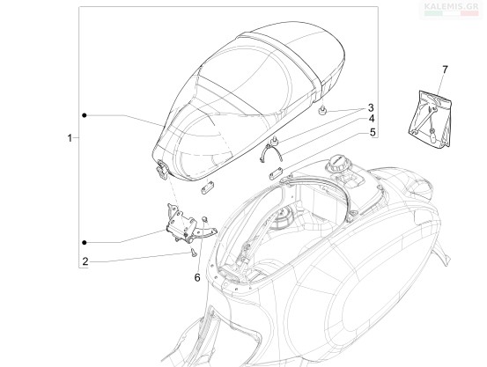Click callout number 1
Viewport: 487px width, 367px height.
coord(70,137)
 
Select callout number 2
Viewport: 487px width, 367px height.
coord(85,261)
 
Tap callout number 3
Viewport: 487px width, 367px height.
coord(371,108)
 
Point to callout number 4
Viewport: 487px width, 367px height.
coord(372,119)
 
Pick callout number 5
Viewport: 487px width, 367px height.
coord(373,132)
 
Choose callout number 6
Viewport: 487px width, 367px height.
coord(197,277)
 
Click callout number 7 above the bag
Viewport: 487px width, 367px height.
coord(445,70)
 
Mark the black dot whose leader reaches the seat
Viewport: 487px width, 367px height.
coord(85,115)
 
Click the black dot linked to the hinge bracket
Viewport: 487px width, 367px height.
coord(85,242)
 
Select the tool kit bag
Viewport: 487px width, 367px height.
coord(430,119)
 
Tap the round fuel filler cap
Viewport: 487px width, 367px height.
coord(337,164)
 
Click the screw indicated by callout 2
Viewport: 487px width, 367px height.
coord(193,253)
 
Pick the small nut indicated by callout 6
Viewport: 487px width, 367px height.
coord(204,219)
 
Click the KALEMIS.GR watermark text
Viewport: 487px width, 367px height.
coord(451,6)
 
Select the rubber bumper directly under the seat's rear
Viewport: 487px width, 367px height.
coord(323,110)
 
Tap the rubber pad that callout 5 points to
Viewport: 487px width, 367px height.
coord(276,173)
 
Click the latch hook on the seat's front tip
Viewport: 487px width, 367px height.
coord(162,170)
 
